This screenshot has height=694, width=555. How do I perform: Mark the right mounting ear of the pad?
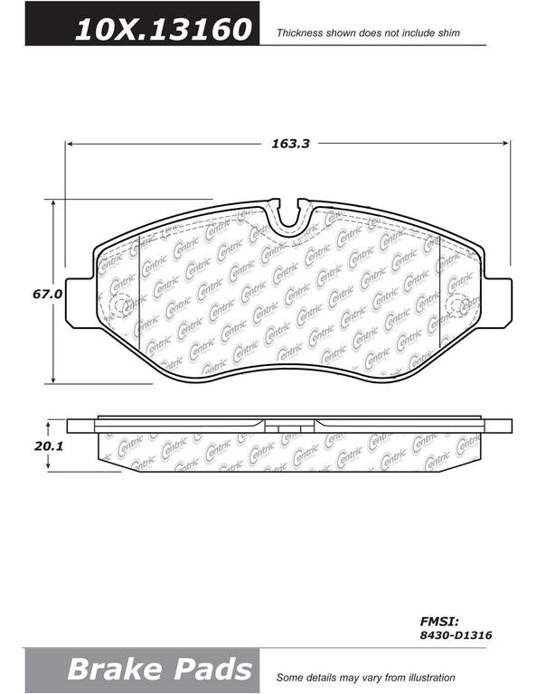pos(496,301)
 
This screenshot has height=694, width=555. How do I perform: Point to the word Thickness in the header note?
pos(300,33)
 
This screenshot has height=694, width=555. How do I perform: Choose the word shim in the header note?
pos(447,33)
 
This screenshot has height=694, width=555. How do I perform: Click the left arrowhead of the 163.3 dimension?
pos(70,143)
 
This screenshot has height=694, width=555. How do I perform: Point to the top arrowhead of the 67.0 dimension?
pos(52,203)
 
